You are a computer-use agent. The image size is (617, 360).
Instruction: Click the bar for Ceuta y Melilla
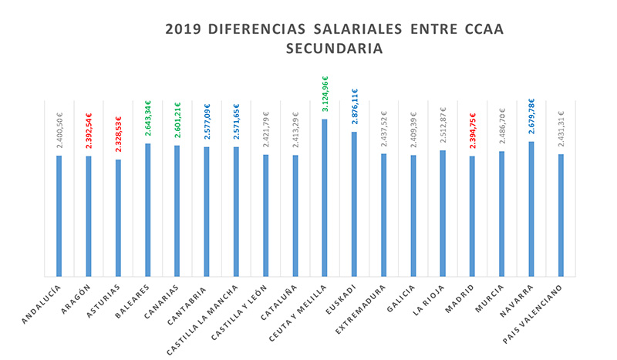point(325,197)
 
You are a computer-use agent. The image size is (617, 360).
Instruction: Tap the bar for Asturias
point(118,217)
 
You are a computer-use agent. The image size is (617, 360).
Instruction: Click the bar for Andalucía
point(59,216)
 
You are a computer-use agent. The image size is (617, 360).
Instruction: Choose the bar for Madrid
point(472,216)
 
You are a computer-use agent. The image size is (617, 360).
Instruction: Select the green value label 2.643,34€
point(147,118)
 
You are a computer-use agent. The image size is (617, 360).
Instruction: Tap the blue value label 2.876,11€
point(354,107)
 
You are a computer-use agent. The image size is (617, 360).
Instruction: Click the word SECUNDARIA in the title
point(334,48)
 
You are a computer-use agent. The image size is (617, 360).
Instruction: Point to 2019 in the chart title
point(183,29)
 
